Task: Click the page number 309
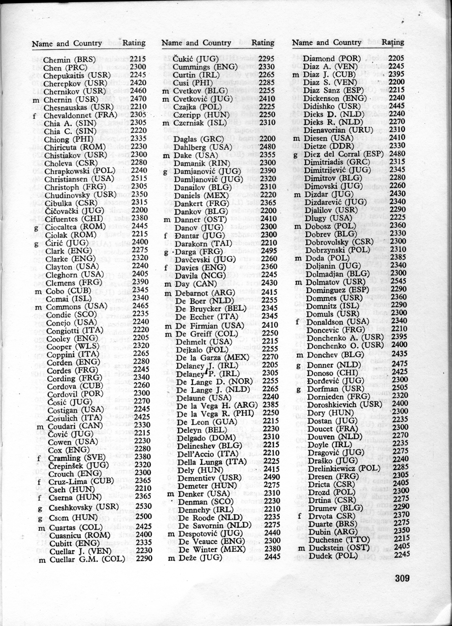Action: coord(402,578)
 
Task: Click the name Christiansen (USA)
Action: coord(79,179)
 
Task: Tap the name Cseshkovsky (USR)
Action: coord(83,507)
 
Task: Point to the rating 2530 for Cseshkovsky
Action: coord(143,506)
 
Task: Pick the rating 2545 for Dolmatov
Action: coord(398,281)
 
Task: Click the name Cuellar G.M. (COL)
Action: coord(87,559)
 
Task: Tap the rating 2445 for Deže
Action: coord(272,556)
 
